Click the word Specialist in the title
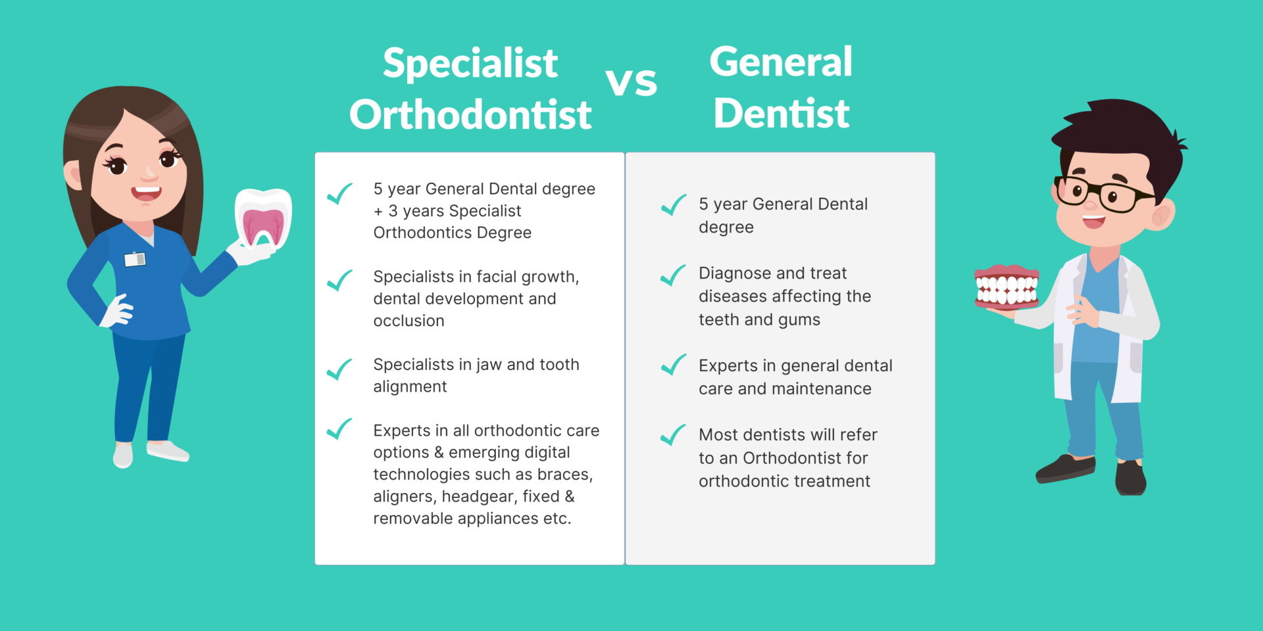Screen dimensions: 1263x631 tap(470, 63)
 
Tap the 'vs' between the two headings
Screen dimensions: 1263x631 tap(631, 82)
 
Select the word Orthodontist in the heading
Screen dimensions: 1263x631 tap(470, 114)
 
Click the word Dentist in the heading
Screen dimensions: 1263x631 tap(781, 113)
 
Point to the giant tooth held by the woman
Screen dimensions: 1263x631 tap(263, 219)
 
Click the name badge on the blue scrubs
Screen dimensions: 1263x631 tap(135, 259)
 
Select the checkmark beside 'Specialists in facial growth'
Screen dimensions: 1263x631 tap(340, 280)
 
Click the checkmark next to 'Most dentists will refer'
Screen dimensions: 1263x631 tap(673, 435)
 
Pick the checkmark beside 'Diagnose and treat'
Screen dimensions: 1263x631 tap(673, 275)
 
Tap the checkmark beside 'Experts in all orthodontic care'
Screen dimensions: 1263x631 tap(340, 429)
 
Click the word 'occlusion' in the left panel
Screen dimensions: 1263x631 tap(409, 321)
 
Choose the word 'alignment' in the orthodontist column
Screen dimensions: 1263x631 tap(410, 387)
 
